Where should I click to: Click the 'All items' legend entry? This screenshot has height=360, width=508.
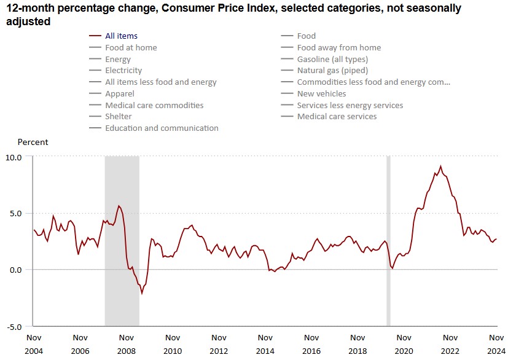point(121,36)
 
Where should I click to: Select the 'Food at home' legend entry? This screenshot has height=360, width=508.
point(131,48)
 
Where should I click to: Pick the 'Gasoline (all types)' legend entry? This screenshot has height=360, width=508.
point(332,60)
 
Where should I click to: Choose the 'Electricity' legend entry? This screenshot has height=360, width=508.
point(123,71)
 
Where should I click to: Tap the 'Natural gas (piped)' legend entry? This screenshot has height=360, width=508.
point(332,71)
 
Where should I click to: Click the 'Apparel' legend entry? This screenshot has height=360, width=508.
point(120,94)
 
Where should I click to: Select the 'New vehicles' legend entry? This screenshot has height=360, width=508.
point(321,94)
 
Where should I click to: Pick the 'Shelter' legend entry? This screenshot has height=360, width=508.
point(119,117)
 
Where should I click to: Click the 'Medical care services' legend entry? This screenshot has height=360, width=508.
point(337,117)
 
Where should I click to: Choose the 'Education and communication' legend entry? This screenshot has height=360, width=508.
point(162,128)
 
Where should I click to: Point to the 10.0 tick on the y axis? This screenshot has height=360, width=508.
point(14,157)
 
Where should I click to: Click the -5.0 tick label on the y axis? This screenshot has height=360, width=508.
point(14,326)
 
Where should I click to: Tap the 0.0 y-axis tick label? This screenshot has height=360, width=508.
point(17,270)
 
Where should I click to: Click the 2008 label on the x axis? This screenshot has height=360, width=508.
point(126,351)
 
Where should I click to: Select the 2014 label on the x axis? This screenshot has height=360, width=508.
point(265,351)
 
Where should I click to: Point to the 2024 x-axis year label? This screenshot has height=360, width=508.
point(496,351)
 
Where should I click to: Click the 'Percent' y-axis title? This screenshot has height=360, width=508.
point(33,143)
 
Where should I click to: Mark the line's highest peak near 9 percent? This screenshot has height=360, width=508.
point(440,166)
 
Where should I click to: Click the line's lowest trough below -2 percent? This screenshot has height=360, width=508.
point(142,294)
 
